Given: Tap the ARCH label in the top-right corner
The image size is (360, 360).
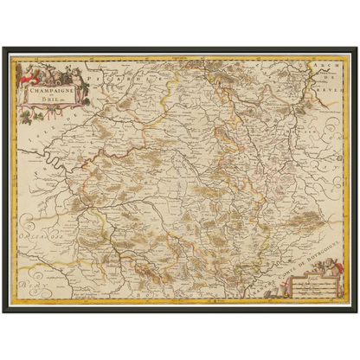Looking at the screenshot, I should pyautogui.click(x=338, y=70).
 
